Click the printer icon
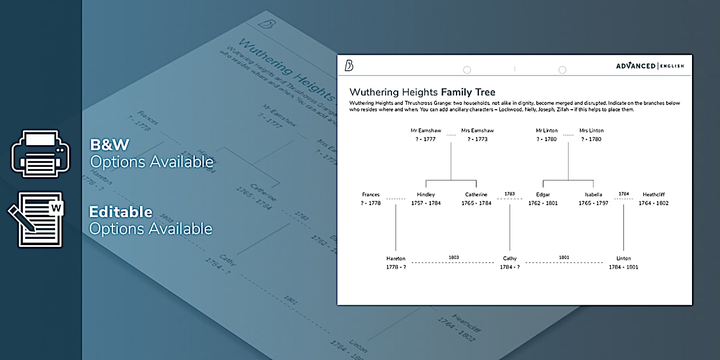coord(41,153)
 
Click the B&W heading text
coord(109,145)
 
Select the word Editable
coord(121,212)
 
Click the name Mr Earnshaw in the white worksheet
coord(426,131)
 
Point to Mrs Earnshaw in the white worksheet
coord(477,131)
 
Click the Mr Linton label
coord(546,131)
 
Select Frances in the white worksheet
coord(370,195)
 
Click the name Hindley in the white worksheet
coord(426,195)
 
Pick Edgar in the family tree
coord(543,195)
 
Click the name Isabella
coord(593,195)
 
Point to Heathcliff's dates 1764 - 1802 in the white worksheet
coord(653,203)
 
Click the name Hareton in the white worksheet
coord(395,259)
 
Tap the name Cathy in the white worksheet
coord(510,259)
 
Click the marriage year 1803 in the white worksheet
coord(454,258)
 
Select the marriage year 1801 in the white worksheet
coord(564,258)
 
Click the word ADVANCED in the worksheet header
coord(635,66)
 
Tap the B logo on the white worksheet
coord(349,66)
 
